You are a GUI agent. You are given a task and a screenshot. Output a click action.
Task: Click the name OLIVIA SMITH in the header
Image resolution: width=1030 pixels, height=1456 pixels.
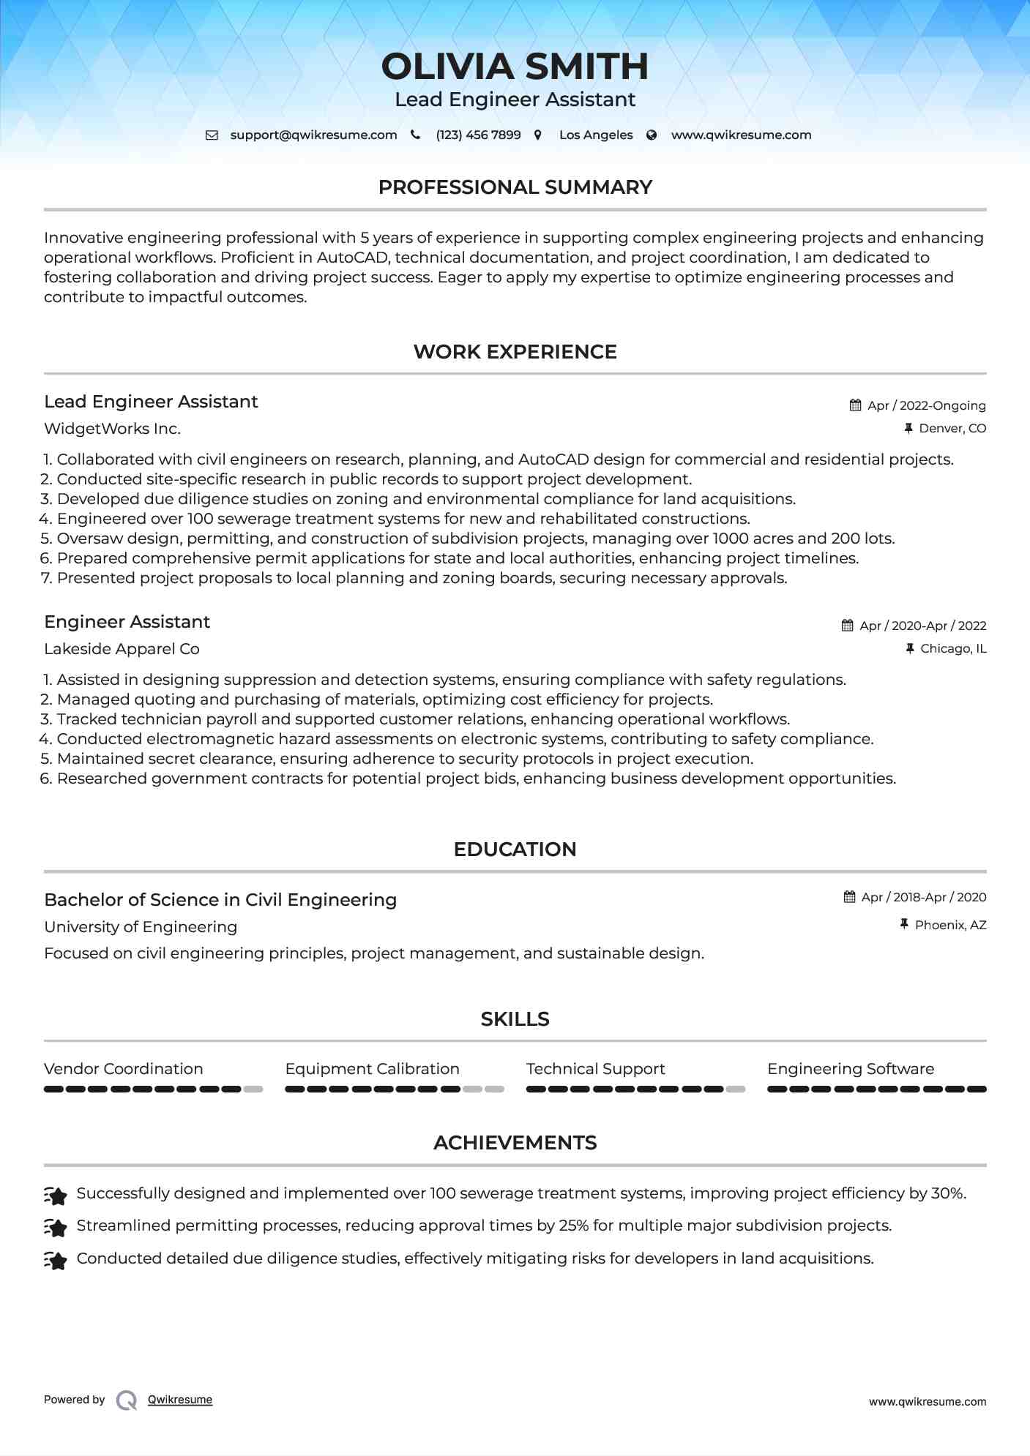click(515, 67)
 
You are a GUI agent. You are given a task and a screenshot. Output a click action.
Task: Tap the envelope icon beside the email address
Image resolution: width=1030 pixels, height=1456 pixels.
click(212, 135)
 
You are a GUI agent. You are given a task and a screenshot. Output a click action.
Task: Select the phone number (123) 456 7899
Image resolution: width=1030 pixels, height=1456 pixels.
click(478, 135)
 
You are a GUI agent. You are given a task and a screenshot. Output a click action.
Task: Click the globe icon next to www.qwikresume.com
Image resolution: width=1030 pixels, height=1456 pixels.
click(652, 135)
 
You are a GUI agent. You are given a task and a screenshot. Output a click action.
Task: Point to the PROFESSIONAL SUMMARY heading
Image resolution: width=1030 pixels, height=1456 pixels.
click(515, 187)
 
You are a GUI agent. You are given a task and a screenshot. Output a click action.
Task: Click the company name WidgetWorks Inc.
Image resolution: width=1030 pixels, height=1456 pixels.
click(112, 429)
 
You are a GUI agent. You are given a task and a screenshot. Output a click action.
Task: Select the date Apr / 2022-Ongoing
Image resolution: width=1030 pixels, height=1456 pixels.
click(926, 405)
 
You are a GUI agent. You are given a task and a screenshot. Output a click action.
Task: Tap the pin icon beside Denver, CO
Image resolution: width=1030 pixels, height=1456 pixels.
click(908, 429)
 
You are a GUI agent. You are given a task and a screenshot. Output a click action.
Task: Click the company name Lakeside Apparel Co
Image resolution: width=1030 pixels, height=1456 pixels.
click(122, 649)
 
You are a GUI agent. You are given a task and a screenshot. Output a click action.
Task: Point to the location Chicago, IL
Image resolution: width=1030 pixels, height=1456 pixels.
click(952, 649)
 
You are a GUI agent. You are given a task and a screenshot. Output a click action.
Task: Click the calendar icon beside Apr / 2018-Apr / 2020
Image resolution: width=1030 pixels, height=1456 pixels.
click(849, 897)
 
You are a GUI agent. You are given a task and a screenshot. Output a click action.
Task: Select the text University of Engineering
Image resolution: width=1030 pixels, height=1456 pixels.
click(141, 927)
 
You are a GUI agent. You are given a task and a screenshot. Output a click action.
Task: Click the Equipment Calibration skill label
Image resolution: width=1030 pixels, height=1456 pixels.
click(372, 1069)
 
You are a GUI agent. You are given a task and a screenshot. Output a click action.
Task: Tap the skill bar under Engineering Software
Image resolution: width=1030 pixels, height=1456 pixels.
click(876, 1089)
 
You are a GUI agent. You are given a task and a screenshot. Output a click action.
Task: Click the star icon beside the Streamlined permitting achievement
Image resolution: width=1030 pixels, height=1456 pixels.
click(56, 1227)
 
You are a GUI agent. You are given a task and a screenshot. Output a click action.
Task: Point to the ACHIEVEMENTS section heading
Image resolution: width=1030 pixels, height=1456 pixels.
click(515, 1143)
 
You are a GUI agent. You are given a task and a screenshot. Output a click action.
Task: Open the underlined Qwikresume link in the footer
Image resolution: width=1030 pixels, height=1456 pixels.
click(180, 1400)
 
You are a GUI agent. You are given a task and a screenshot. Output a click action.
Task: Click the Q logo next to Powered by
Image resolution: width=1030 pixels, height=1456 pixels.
click(127, 1400)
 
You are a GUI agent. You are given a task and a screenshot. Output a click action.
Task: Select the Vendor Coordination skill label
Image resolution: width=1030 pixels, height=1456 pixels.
click(123, 1069)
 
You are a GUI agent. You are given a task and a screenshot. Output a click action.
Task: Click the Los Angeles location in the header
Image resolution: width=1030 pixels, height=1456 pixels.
click(595, 135)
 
